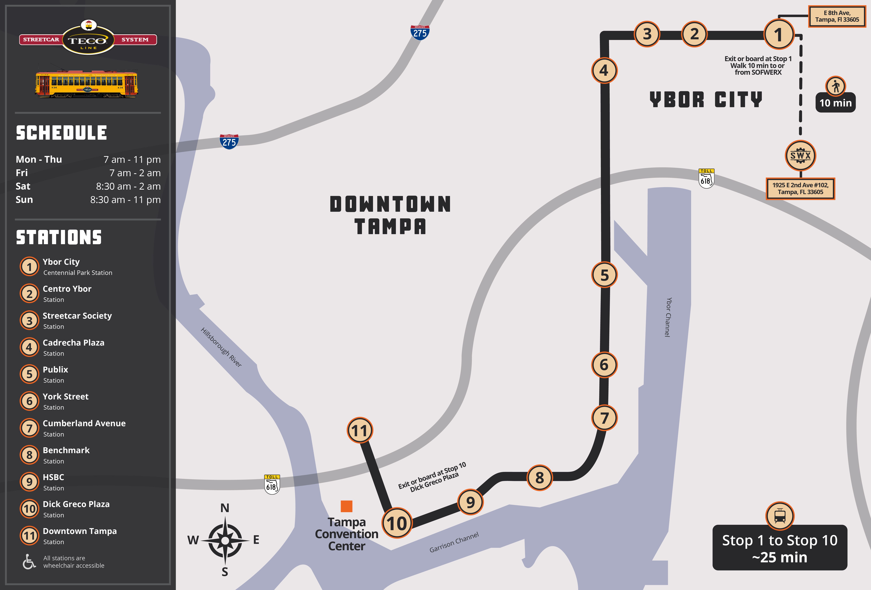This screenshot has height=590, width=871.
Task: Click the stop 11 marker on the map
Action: [360, 431]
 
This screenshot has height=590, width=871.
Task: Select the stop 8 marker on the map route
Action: [539, 478]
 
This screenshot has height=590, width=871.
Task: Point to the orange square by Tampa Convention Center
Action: [346, 506]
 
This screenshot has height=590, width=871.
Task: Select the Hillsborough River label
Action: [221, 347]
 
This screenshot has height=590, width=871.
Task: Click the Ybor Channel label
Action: [668, 317]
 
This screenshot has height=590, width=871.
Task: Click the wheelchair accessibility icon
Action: [29, 562]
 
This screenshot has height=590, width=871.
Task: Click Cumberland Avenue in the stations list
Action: [84, 423]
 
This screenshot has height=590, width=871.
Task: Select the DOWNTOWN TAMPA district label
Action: [390, 215]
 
